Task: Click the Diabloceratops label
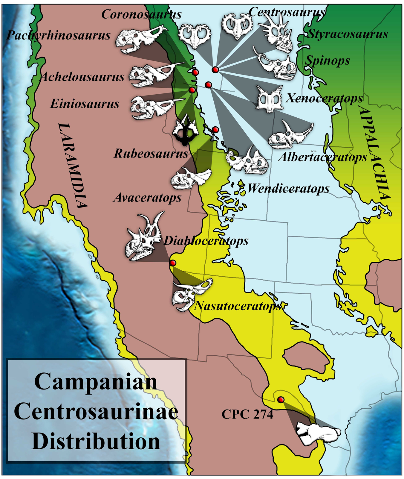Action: click(x=206, y=241)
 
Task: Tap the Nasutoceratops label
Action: click(x=238, y=306)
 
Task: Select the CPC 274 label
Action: click(x=247, y=414)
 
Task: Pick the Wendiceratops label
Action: click(x=288, y=189)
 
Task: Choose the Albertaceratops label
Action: click(x=322, y=157)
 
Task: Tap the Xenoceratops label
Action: click(x=325, y=98)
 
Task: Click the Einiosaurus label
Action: click(x=85, y=104)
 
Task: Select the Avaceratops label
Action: click(x=147, y=198)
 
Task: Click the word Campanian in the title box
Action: click(x=96, y=382)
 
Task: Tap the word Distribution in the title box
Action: click(x=96, y=442)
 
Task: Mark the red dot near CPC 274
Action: click(x=281, y=400)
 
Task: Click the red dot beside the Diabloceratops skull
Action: click(x=173, y=263)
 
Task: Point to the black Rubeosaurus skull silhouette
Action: click(x=185, y=130)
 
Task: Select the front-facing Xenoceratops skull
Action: click(x=270, y=99)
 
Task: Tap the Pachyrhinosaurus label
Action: click(x=59, y=35)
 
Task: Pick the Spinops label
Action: click(x=327, y=61)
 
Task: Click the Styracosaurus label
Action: click(x=348, y=34)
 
